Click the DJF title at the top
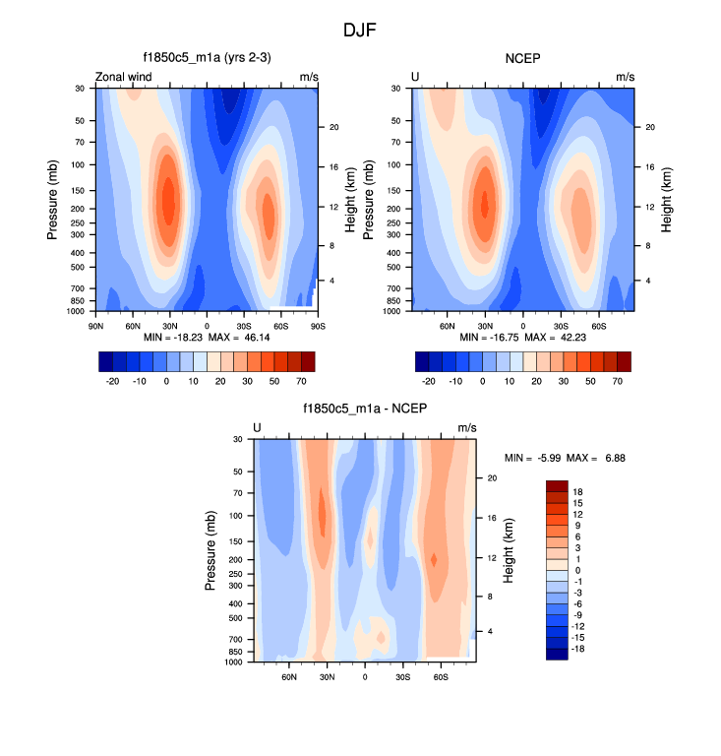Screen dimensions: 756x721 click(360, 31)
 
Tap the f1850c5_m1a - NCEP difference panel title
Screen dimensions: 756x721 click(365, 409)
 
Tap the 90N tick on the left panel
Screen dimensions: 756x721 click(96, 324)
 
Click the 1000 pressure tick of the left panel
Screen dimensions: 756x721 click(75, 311)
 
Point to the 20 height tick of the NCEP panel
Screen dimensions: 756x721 click(649, 127)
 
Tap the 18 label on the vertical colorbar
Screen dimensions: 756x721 click(578, 491)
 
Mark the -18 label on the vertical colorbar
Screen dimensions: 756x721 click(578, 650)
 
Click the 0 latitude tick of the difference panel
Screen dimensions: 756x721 click(365, 675)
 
